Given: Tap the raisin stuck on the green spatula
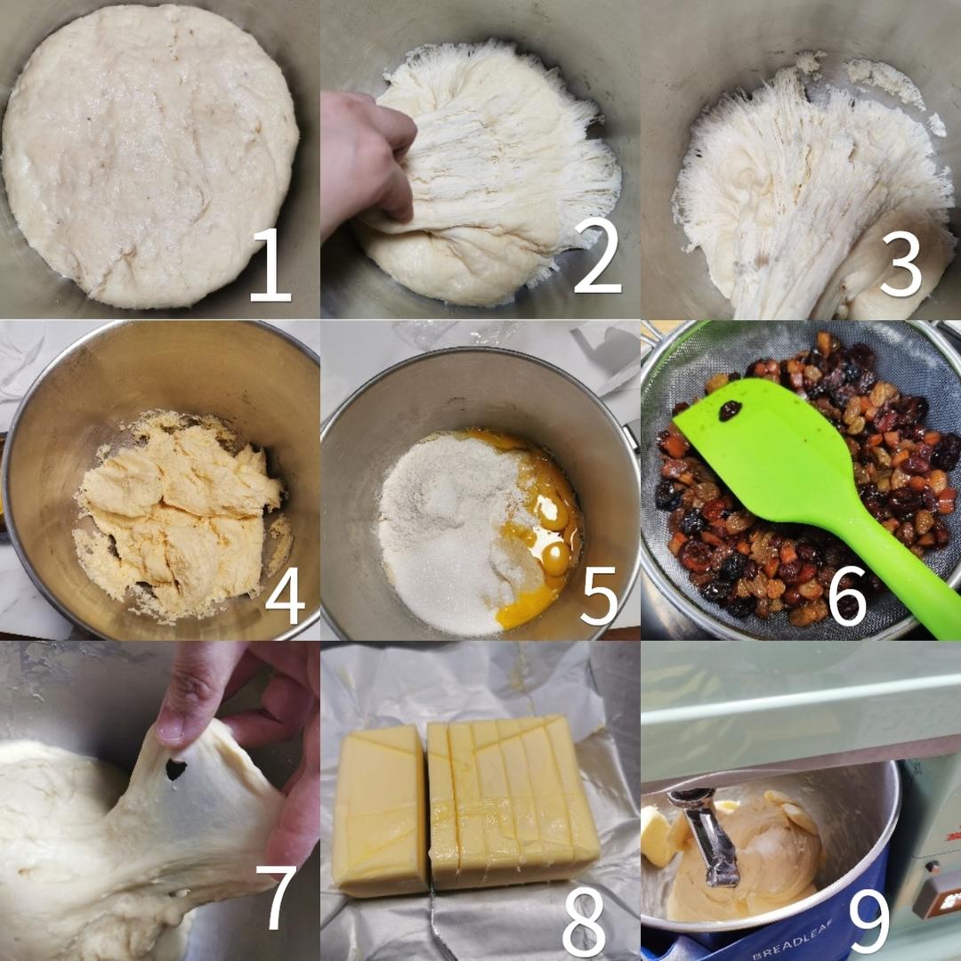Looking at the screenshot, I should [731, 410].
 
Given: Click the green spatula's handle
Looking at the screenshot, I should [899, 569].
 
